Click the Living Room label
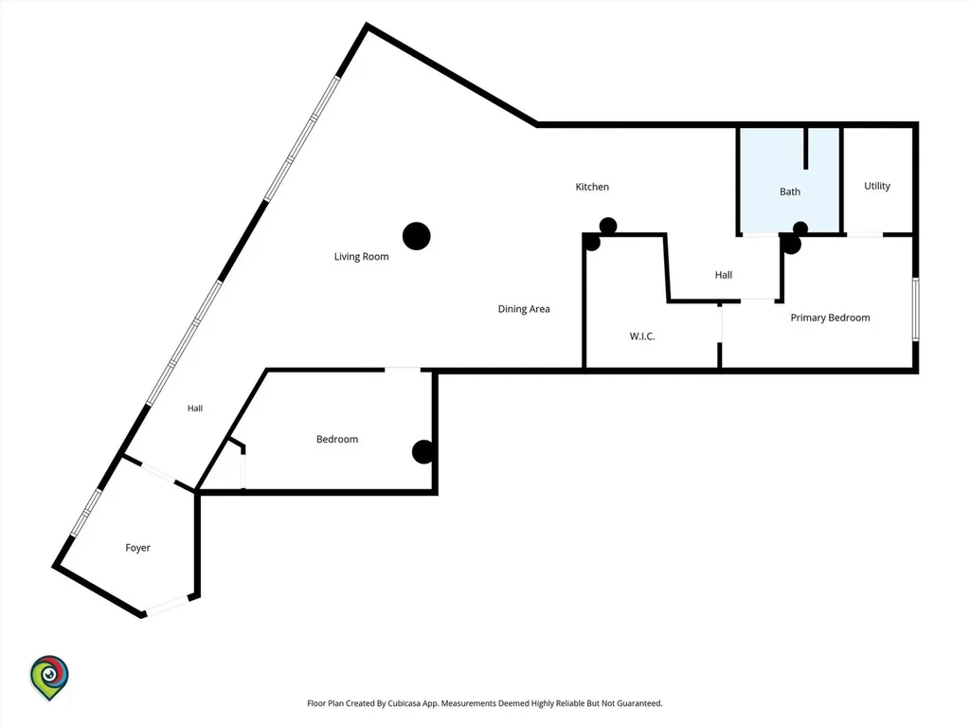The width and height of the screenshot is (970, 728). click(x=361, y=256)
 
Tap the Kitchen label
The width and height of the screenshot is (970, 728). click(x=592, y=187)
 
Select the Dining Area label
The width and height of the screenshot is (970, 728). click(x=524, y=309)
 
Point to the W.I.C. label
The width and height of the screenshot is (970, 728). click(x=642, y=337)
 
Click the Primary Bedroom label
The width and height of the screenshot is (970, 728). click(x=830, y=318)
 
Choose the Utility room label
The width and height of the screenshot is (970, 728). click(x=877, y=186)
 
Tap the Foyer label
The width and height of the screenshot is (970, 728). click(x=138, y=548)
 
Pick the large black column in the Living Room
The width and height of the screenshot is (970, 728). click(x=417, y=236)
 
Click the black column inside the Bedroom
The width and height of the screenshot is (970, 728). click(x=423, y=452)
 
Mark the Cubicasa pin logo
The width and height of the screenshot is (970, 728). click(x=49, y=678)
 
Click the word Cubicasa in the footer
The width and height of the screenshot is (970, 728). click(x=401, y=703)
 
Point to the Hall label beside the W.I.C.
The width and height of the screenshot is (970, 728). click(x=724, y=275)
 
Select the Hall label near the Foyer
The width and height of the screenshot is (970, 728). click(x=195, y=408)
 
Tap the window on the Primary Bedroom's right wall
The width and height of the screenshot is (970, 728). click(x=916, y=309)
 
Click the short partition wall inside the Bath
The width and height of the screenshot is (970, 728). click(x=805, y=148)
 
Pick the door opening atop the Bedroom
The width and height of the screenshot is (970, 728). click(x=403, y=370)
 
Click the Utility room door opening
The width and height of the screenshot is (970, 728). click(x=865, y=235)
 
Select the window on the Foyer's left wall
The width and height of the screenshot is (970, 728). click(x=86, y=513)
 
